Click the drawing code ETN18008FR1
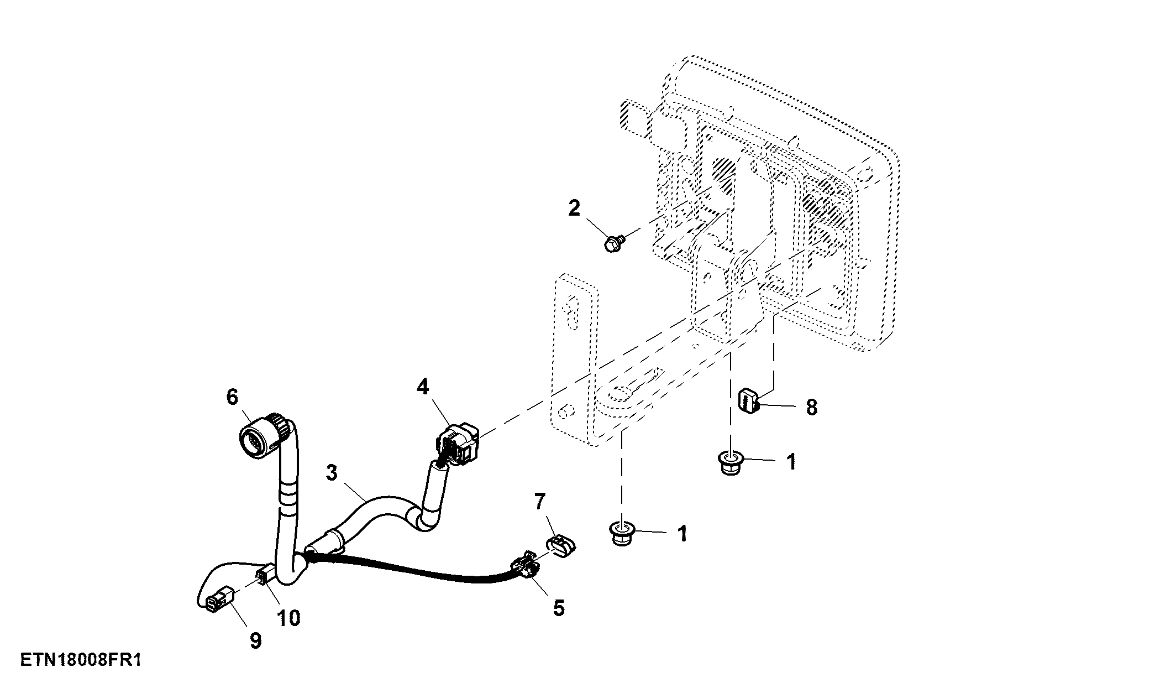click(x=81, y=660)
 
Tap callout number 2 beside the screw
click(x=574, y=209)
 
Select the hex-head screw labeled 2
click(x=615, y=244)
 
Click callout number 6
click(x=232, y=397)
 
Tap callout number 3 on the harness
click(x=331, y=473)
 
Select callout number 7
click(x=540, y=502)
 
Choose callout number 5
click(x=559, y=608)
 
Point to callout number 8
click(x=811, y=408)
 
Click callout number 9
click(x=255, y=642)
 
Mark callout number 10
click(x=288, y=618)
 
